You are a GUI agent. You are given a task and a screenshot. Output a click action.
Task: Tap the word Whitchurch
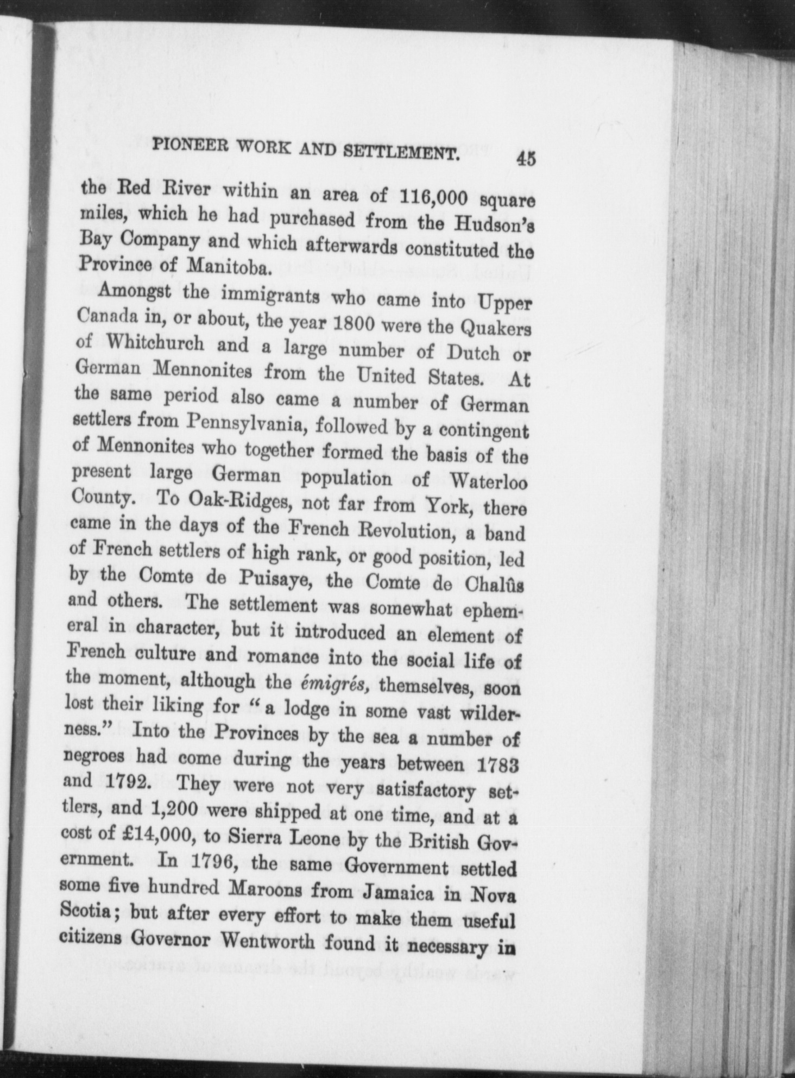(156, 343)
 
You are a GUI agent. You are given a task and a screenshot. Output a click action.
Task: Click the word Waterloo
(488, 482)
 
